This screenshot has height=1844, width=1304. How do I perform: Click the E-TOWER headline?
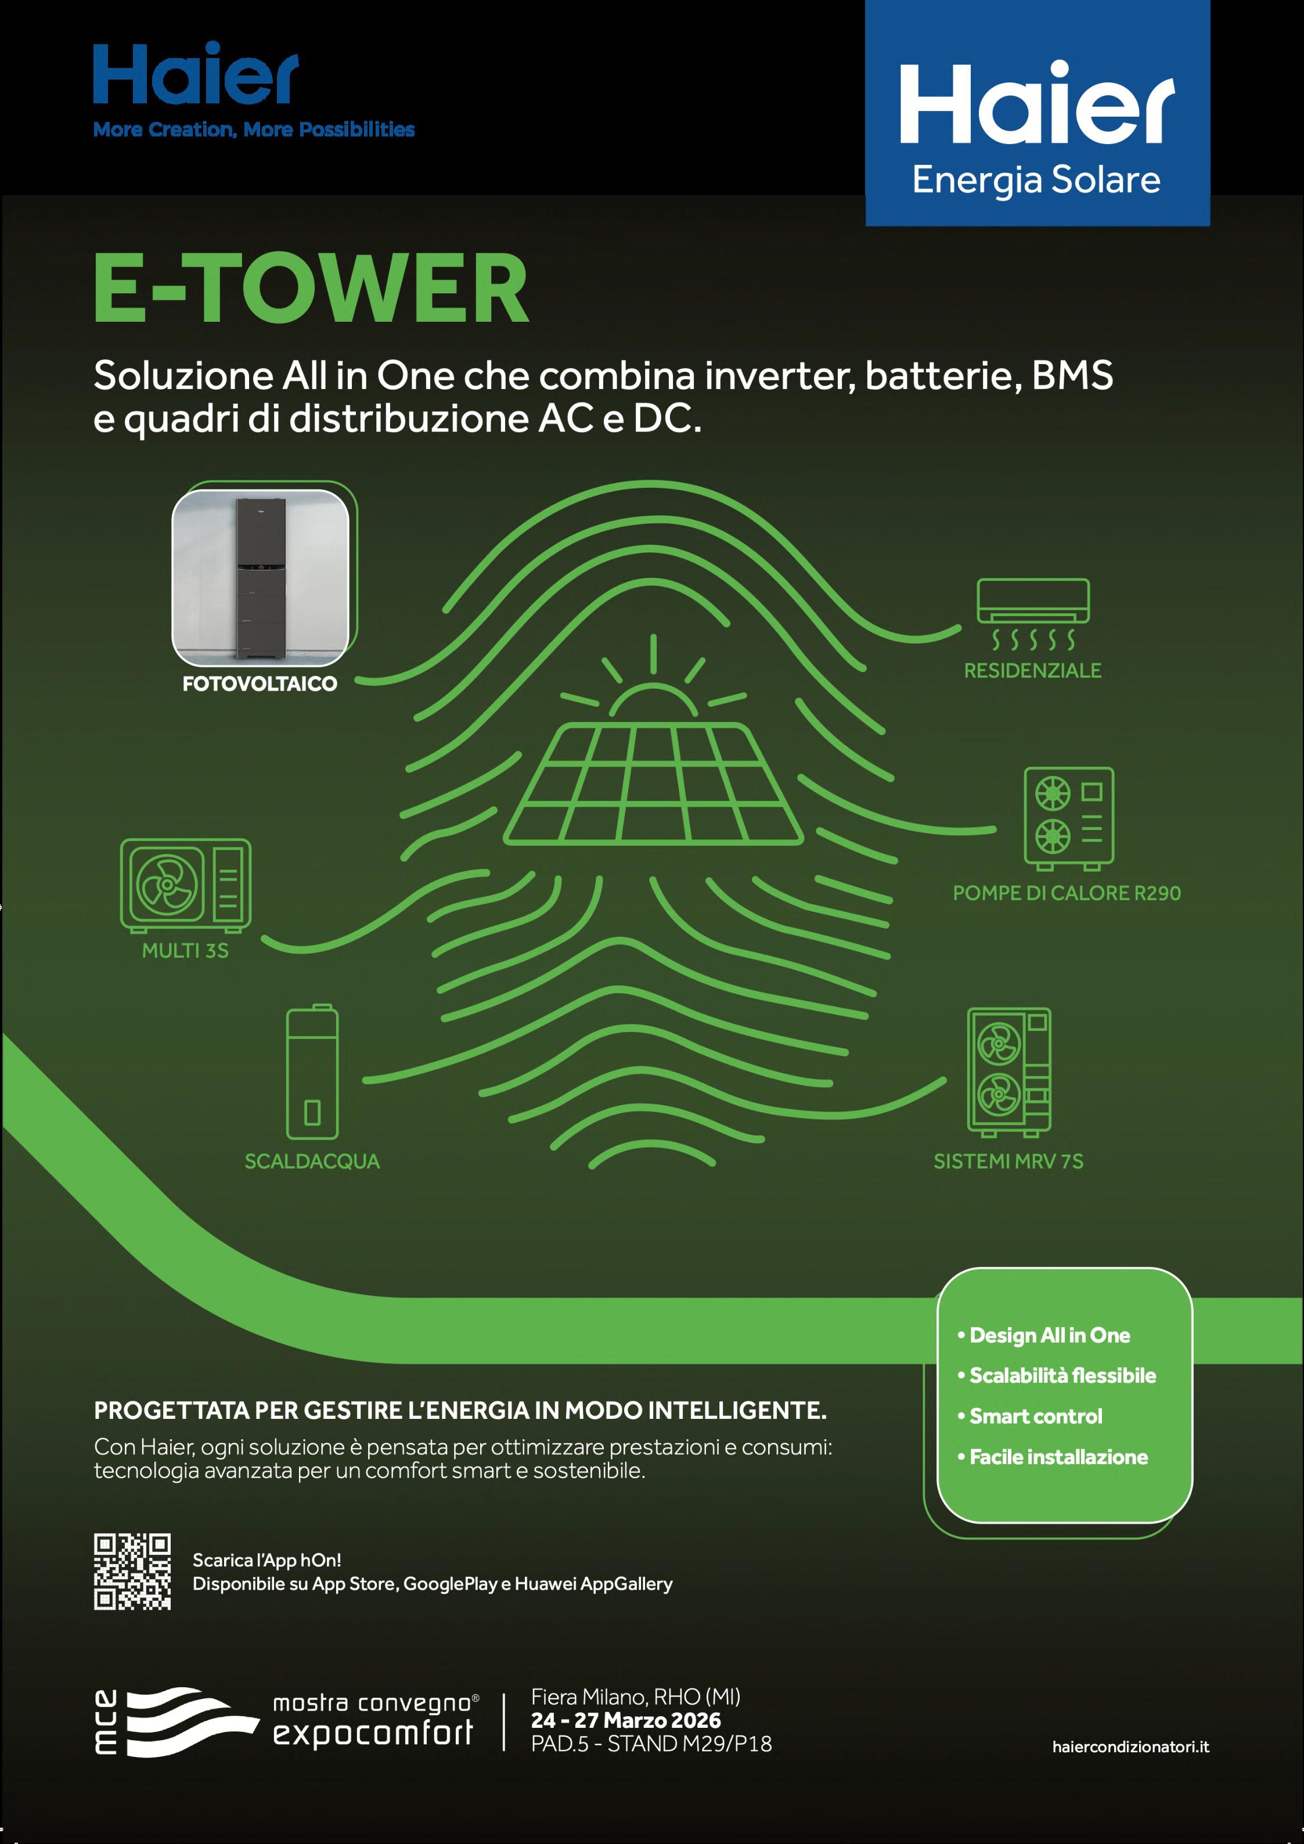pyautogui.click(x=312, y=287)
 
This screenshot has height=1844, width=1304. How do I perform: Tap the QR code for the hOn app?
pyautogui.click(x=132, y=1572)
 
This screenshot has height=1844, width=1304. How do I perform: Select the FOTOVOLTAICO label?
pyautogui.click(x=260, y=684)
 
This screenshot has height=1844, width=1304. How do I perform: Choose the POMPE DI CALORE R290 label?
pyautogui.click(x=1067, y=893)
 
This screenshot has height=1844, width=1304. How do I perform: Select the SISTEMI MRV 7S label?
pyautogui.click(x=1008, y=1162)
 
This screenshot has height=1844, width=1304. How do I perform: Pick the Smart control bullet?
pyautogui.click(x=1035, y=1416)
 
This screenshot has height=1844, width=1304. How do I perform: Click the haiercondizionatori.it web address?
pyautogui.click(x=1130, y=1746)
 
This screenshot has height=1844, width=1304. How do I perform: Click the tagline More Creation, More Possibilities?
pyautogui.click(x=254, y=130)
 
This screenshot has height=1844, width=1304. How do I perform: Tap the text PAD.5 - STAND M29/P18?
pyautogui.click(x=651, y=1744)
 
